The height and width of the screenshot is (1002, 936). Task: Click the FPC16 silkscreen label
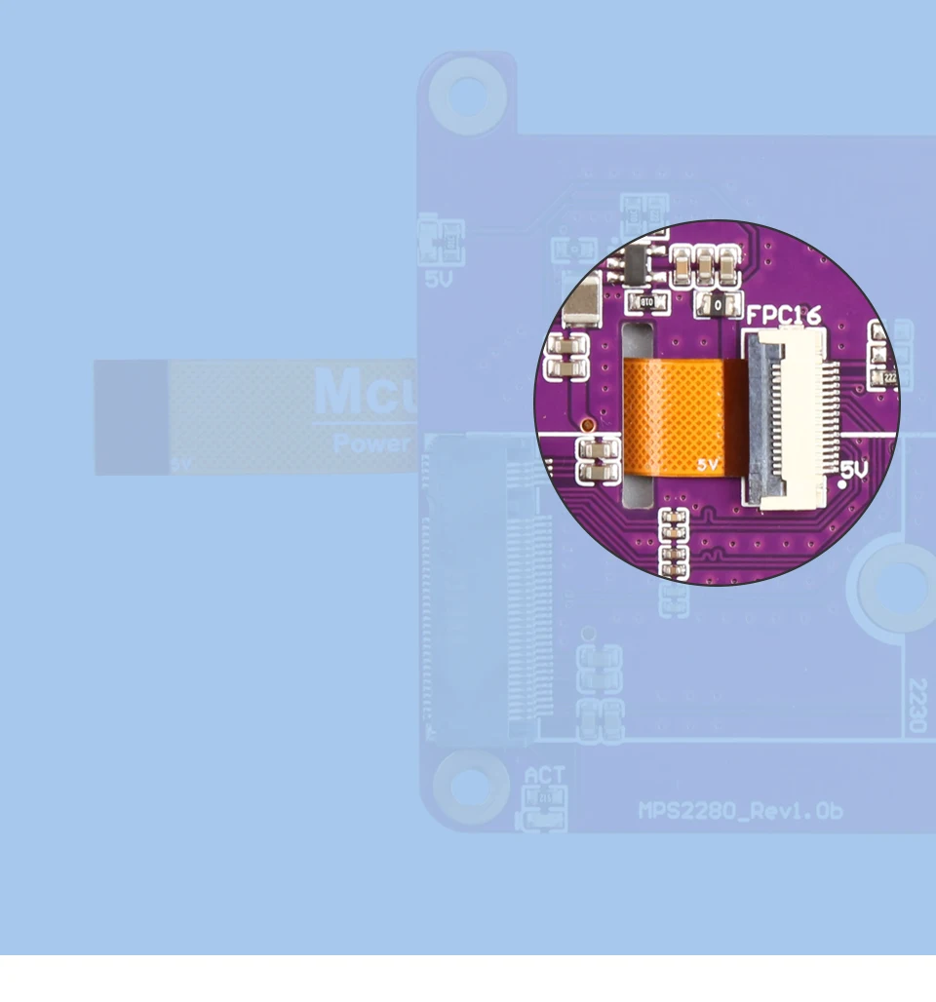point(783,315)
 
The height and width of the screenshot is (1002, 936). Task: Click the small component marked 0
point(718,305)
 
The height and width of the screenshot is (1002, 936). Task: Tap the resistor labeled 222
point(888,376)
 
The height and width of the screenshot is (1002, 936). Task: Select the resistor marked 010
point(645,303)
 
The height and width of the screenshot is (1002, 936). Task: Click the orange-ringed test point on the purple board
point(587,425)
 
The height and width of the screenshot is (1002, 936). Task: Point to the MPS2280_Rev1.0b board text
point(740,811)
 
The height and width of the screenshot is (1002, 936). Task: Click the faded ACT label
point(544,776)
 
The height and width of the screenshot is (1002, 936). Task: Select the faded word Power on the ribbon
point(371,443)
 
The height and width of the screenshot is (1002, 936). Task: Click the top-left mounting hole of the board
point(468,95)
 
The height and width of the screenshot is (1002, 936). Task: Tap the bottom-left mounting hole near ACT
point(470,786)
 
